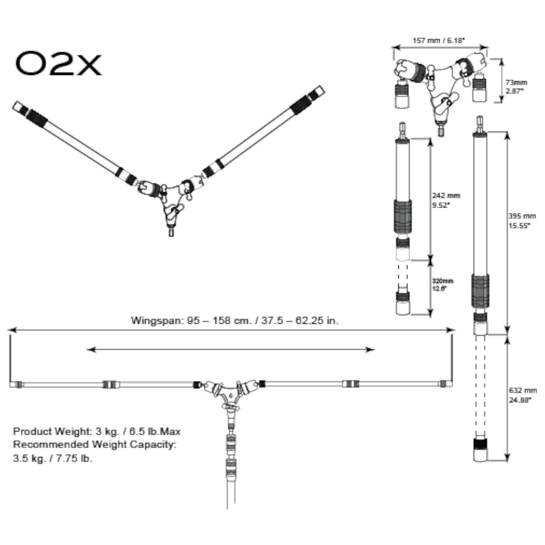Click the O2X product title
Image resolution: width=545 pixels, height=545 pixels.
(x=58, y=64)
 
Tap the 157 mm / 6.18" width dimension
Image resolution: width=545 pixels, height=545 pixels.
(x=439, y=40)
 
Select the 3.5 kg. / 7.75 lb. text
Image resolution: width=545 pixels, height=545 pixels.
(x=53, y=458)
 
